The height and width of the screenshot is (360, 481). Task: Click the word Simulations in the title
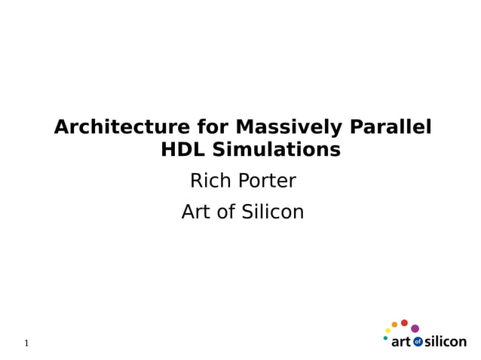pos(276,150)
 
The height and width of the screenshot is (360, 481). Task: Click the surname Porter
pos(267,182)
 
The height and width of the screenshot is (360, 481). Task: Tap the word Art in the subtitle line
pos(197,212)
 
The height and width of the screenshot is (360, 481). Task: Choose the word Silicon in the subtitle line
pos(272,212)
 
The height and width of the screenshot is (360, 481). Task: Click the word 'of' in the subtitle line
pos(226,212)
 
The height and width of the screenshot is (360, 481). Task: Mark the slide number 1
pos(26,343)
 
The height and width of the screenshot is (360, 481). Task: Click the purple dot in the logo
pos(415,328)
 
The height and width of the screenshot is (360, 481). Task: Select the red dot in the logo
pos(404,323)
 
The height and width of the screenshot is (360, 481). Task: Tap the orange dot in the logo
pos(394,325)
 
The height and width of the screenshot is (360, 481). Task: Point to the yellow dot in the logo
pos(388,331)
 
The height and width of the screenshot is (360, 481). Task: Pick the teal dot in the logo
pos(385,338)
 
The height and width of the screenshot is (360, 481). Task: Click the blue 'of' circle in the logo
pos(418,342)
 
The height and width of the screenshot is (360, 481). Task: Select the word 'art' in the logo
pos(401,342)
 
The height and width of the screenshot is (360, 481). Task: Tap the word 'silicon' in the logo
pos(446,341)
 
